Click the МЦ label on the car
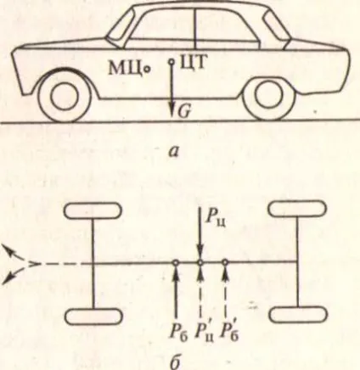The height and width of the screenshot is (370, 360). click(125, 69)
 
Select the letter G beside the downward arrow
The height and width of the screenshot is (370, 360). click(184, 112)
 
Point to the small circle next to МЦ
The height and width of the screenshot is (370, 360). click(147, 69)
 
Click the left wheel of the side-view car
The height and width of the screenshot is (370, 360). click(65, 96)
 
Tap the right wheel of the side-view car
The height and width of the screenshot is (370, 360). click(269, 95)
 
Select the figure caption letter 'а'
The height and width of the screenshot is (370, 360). click(173, 152)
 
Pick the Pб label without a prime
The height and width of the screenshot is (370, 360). click(178, 334)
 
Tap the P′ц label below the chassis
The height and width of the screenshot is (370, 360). click(205, 334)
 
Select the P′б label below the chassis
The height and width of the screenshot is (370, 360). click(230, 334)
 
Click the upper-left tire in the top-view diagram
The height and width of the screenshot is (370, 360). click(93, 211)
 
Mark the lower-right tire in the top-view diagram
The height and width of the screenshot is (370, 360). click(298, 315)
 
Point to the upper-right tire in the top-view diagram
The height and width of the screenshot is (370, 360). click(297, 209)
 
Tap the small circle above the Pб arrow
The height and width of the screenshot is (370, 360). click(176, 263)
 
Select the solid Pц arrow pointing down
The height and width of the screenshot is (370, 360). click(200, 233)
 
